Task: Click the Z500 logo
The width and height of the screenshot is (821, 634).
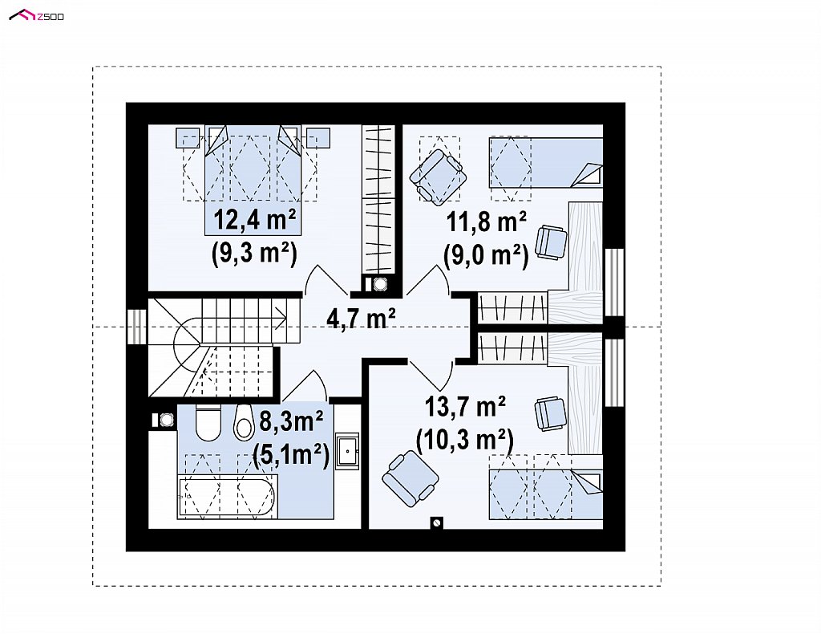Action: (x=37, y=16)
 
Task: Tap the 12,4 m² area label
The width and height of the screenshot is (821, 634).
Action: (x=254, y=220)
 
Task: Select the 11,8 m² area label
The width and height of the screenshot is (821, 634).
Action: (x=487, y=222)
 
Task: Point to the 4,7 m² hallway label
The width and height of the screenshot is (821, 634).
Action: (x=361, y=317)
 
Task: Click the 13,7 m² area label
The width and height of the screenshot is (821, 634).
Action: (x=465, y=407)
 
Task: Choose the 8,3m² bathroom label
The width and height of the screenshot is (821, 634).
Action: (x=291, y=421)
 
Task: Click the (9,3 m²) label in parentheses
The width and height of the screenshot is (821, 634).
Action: (x=254, y=254)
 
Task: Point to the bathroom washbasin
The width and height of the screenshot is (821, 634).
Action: (x=346, y=450)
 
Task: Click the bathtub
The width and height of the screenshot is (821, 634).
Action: (x=225, y=497)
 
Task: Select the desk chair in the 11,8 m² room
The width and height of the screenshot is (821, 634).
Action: (x=551, y=242)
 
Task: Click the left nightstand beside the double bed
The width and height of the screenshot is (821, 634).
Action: (x=187, y=138)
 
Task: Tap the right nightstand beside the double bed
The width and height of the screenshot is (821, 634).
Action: (x=317, y=138)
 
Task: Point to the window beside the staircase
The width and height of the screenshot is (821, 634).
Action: (x=137, y=327)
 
